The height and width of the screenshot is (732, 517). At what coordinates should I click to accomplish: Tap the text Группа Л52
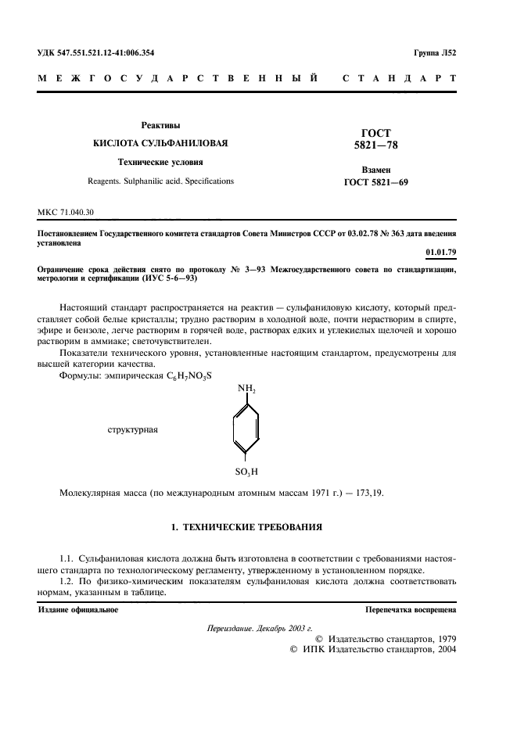click(x=436, y=53)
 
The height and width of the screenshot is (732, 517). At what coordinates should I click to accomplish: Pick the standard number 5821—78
click(x=376, y=145)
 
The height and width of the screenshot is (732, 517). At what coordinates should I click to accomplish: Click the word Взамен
click(x=376, y=170)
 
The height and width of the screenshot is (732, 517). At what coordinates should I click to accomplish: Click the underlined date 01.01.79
click(x=441, y=252)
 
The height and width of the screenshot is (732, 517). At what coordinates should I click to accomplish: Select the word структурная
click(x=133, y=430)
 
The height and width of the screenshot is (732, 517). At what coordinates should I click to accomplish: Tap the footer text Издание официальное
click(x=78, y=610)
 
